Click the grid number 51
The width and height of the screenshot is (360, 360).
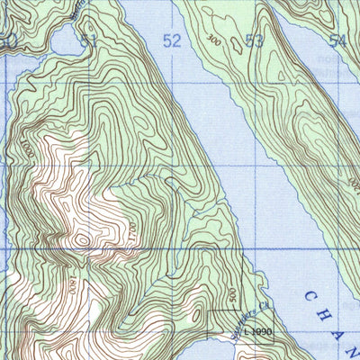pos(87,41)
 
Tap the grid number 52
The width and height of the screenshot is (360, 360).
pos(172,40)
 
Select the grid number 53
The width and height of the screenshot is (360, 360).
pos(255,40)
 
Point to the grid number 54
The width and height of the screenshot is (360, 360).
pos(337,40)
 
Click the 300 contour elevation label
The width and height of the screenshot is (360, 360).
pos(213,39)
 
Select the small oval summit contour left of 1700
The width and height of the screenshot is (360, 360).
pos(82,240)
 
